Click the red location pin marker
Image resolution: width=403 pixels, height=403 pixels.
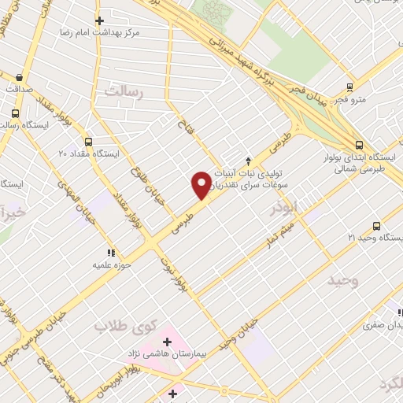(201, 186)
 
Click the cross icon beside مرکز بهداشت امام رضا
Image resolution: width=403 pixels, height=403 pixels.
(98, 21)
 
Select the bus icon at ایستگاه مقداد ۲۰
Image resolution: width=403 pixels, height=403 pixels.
(88, 142)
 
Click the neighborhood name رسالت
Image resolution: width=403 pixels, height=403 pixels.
(120, 94)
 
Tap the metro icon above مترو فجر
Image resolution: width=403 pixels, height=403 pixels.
(348, 88)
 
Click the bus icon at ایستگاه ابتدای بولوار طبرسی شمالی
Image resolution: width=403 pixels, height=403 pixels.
(359, 145)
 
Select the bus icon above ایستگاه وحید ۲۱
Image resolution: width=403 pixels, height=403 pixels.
(375, 225)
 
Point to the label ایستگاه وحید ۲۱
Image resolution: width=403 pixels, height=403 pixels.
(375, 237)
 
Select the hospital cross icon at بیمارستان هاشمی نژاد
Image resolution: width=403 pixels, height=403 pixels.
(167, 342)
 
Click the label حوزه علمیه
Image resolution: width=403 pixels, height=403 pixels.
(111, 265)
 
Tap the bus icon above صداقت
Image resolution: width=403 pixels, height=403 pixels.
(19, 78)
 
